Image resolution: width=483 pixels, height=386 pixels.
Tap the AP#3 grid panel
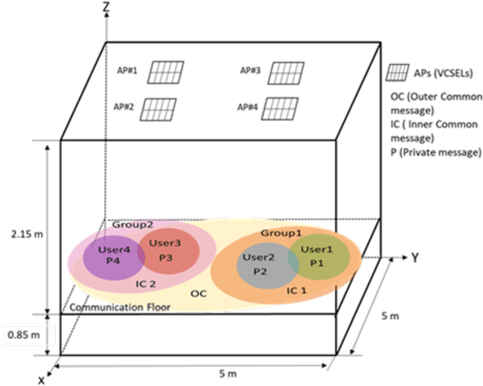point(285,72)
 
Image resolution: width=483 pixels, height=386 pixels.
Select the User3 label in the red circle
point(165,243)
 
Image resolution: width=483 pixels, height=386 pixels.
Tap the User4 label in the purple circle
point(112,247)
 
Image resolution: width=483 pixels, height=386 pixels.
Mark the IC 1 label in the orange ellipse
point(296,289)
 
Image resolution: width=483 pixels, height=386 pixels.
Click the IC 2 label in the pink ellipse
point(146,284)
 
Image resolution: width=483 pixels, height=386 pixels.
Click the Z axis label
point(112,8)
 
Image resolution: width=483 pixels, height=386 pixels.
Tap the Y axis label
point(414,258)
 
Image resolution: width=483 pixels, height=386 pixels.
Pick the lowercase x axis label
point(42,379)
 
